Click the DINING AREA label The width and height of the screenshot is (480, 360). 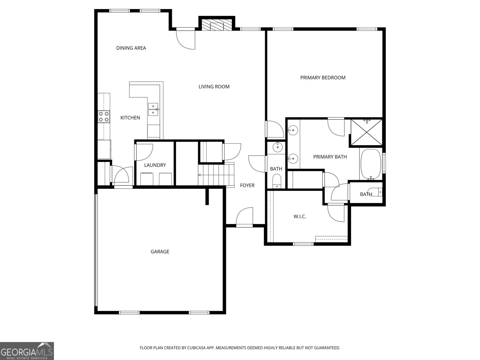pos(131,48)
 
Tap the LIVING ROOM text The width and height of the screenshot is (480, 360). pos(214,87)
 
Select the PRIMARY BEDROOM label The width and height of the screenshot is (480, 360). pos(323,78)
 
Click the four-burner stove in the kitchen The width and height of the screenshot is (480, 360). pos(103,116)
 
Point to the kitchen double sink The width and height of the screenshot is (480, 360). pos(153,109)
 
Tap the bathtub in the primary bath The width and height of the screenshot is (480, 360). pos(371,164)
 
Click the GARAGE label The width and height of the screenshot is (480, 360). pos(160,252)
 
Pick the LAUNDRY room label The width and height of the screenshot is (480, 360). pos(155,165)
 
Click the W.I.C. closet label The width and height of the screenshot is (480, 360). pos(300,217)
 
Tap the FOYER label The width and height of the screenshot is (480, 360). pos(247,185)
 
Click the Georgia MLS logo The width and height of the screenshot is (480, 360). pos(27,351)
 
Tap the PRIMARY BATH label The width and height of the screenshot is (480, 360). pos(330,157)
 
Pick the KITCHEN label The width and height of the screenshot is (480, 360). pos(130,118)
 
